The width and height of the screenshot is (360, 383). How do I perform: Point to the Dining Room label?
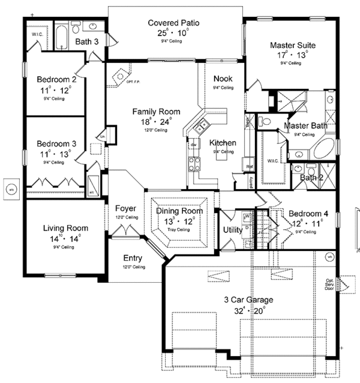[180, 211]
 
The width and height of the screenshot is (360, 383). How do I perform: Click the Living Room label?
[65, 228]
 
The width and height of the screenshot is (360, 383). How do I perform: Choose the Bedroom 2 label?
[56, 79]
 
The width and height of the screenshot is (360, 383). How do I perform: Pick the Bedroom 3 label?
[56, 143]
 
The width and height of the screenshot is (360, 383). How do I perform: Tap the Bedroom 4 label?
[308, 213]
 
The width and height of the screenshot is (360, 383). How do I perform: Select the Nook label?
[223, 79]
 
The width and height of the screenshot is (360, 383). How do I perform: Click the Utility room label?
[232, 229]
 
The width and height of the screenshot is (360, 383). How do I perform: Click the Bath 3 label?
[88, 41]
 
